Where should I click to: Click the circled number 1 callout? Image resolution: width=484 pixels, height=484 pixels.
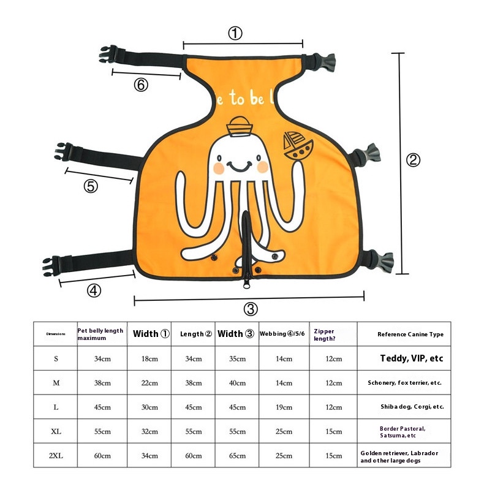point(235,34)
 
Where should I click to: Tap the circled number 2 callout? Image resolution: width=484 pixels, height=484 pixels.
point(414,160)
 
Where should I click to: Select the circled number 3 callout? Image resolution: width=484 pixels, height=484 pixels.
point(251,309)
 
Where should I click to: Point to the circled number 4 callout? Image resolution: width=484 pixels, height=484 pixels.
point(93,291)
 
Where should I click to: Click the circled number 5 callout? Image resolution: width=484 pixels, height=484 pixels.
point(91,186)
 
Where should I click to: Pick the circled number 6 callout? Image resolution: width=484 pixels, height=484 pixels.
point(141,85)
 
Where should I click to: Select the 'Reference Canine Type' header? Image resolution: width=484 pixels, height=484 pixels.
point(410,334)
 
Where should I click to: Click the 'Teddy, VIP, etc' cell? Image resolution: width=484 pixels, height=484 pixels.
point(411,358)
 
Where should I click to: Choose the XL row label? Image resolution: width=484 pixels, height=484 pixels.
point(56,431)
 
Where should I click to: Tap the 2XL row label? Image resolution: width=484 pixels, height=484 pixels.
point(56,456)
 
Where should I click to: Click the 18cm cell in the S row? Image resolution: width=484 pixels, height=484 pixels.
point(149,358)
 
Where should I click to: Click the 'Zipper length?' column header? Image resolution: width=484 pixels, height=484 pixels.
point(324,334)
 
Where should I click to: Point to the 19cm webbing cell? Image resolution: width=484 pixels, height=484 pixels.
point(284,407)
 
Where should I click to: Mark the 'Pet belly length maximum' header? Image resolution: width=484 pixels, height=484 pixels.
point(101,334)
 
